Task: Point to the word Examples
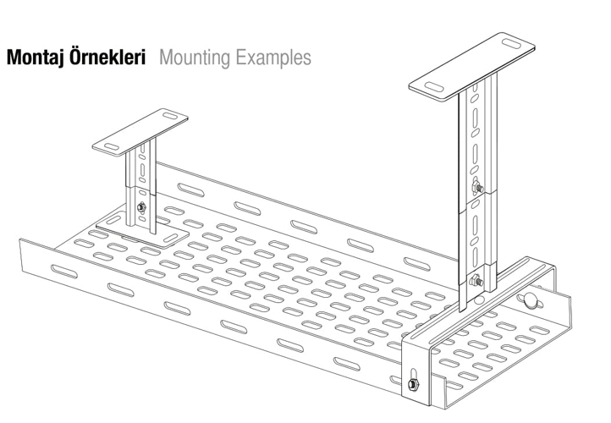point(271,59)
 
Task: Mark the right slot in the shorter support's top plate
point(169,117)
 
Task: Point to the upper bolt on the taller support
point(476,188)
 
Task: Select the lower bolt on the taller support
point(476,281)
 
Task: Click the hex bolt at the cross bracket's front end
point(411,386)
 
